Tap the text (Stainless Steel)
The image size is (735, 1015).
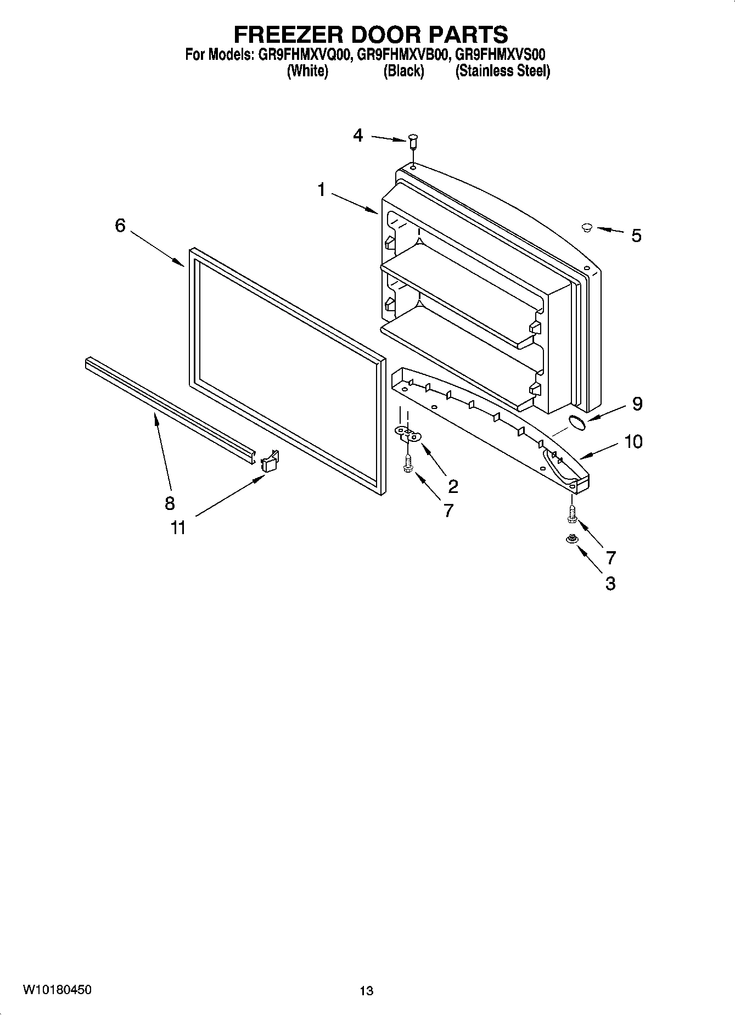pos(502,71)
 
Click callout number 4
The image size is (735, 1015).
pos(358,135)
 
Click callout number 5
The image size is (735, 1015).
pos(636,236)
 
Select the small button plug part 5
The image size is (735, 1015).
pos(586,227)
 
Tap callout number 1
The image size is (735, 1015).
pos(321,190)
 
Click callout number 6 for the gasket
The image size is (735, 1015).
pos(120,225)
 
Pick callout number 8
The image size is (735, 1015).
pos(170,503)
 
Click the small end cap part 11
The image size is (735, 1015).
pos(269,462)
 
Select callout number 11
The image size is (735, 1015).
pos(177,528)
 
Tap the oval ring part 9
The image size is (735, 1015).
pos(576,422)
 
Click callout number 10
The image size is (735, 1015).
pos(633,441)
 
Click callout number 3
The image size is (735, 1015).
pos(610,583)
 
